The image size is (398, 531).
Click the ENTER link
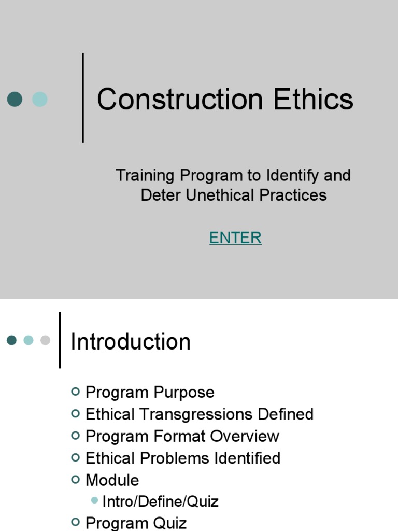tap(235, 238)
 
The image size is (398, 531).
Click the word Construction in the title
tap(180, 100)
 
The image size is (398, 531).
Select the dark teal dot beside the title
tap(15, 99)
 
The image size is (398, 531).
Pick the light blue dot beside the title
tap(40, 99)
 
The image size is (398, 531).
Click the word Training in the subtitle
tap(145, 176)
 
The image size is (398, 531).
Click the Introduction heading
tap(131, 342)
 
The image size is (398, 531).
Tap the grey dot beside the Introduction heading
tap(45, 340)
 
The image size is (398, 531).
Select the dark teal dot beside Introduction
tap(12, 340)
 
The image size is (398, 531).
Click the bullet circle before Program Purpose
tap(76, 392)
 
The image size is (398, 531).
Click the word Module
tap(112, 480)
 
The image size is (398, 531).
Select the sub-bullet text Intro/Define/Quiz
tap(161, 501)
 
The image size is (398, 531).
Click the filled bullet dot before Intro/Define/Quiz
tap(94, 501)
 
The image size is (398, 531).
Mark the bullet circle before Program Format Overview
tap(76, 436)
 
